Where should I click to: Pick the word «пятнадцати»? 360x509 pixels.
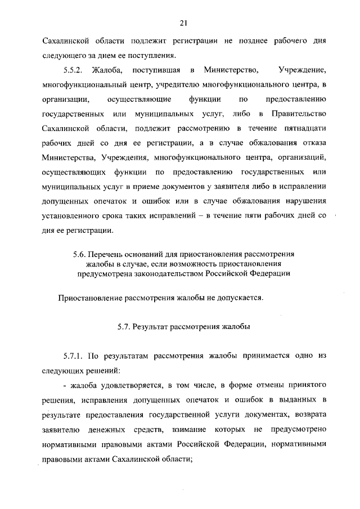coord(304,129)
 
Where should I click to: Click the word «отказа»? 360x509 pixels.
coord(312,143)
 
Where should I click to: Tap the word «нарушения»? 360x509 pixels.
coord(303,202)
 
